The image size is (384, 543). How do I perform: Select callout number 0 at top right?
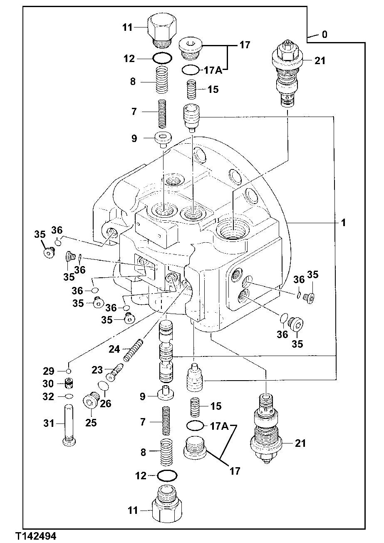click(x=324, y=35)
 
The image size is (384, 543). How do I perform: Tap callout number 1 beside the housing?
click(x=343, y=223)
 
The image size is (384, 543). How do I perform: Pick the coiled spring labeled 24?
click(x=133, y=350)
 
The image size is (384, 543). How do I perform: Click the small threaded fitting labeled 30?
click(x=69, y=383)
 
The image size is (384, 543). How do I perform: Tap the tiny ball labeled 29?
click(x=69, y=371)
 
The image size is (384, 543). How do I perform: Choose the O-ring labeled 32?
click(x=69, y=396)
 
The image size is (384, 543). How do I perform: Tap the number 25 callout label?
click(x=91, y=423)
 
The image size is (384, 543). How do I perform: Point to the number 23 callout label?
click(x=97, y=369)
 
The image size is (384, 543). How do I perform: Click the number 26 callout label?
click(x=106, y=404)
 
